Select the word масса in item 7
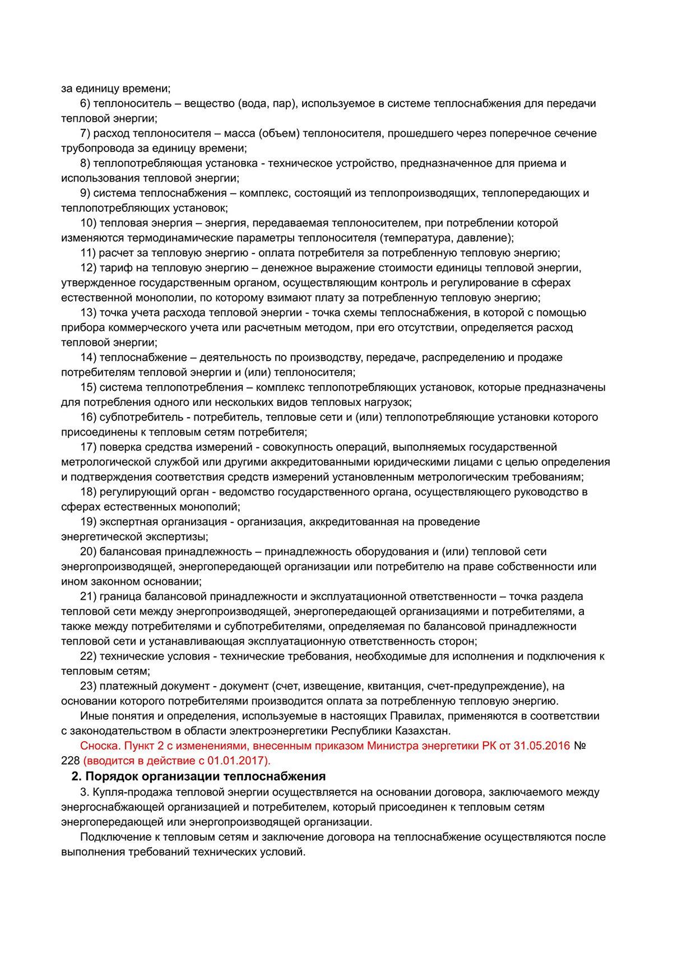pyautogui.click(x=239, y=133)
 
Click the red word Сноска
pyautogui.click(x=100, y=746)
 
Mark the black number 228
pyautogui.click(x=70, y=761)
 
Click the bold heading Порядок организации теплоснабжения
pyautogui.click(x=205, y=776)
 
